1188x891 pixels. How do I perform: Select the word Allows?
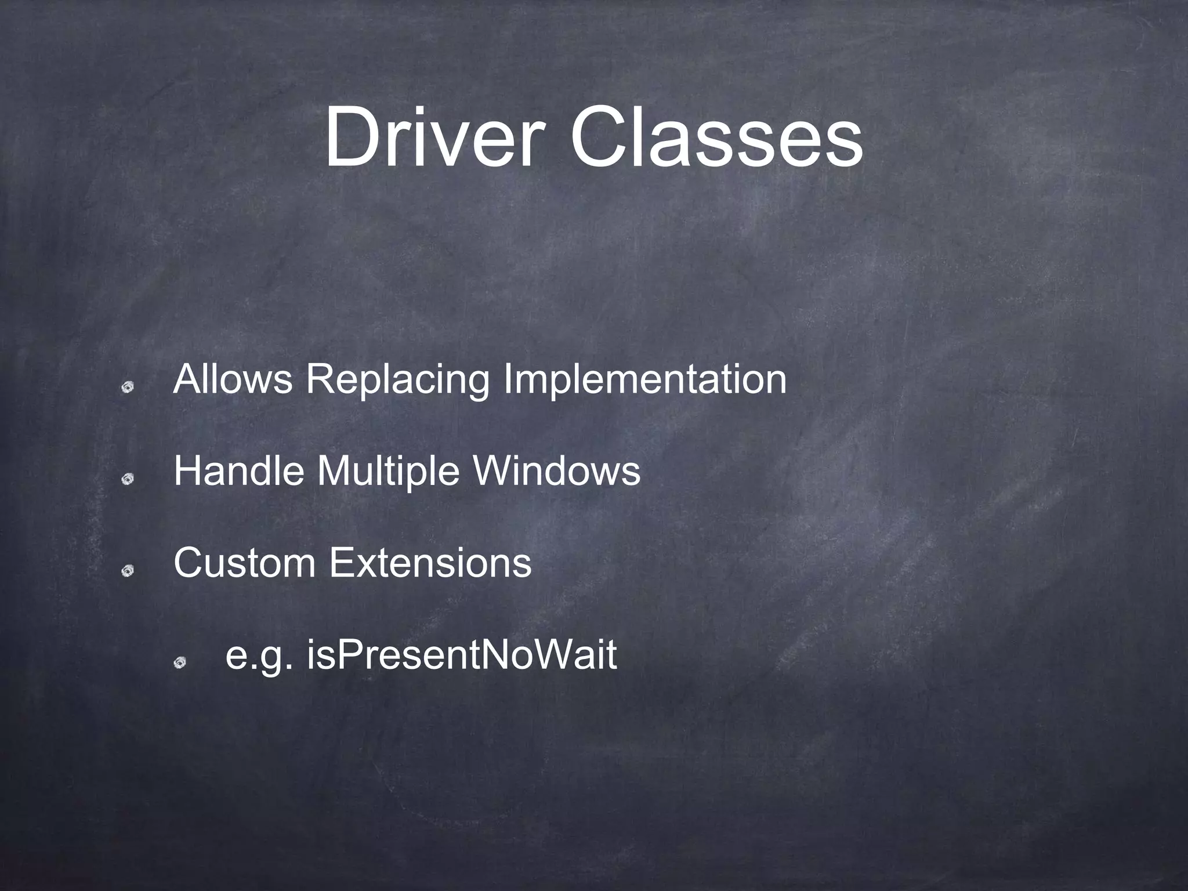[233, 379]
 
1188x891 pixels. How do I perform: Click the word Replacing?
[397, 381]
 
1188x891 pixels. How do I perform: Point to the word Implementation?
[644, 381]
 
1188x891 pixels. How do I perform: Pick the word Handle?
[238, 470]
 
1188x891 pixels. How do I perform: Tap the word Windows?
[557, 470]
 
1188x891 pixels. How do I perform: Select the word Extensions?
[430, 563]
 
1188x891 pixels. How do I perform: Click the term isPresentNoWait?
[462, 655]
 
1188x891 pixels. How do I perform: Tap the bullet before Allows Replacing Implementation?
[128, 387]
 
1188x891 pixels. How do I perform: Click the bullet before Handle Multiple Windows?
[128, 479]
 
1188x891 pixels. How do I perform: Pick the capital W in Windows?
[491, 470]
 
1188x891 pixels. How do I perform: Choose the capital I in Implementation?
[508, 379]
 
